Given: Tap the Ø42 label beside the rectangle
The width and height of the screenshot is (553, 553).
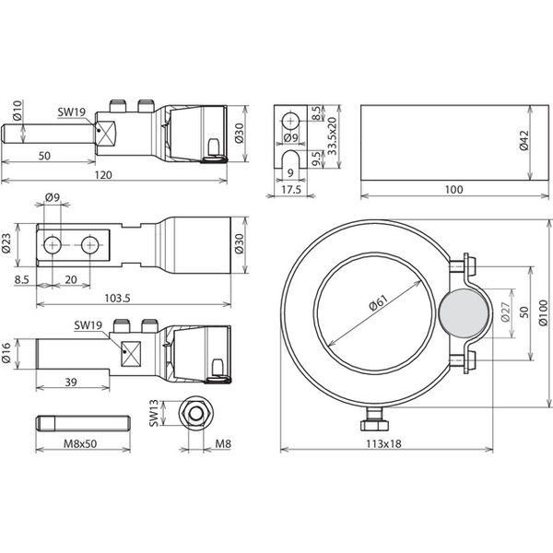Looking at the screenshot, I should (x=524, y=142).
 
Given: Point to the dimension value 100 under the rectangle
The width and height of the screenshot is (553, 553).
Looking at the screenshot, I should (x=451, y=189).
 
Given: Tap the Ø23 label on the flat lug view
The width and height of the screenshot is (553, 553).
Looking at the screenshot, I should (x=7, y=244).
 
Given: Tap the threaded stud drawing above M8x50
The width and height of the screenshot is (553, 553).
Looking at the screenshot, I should (x=80, y=425).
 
